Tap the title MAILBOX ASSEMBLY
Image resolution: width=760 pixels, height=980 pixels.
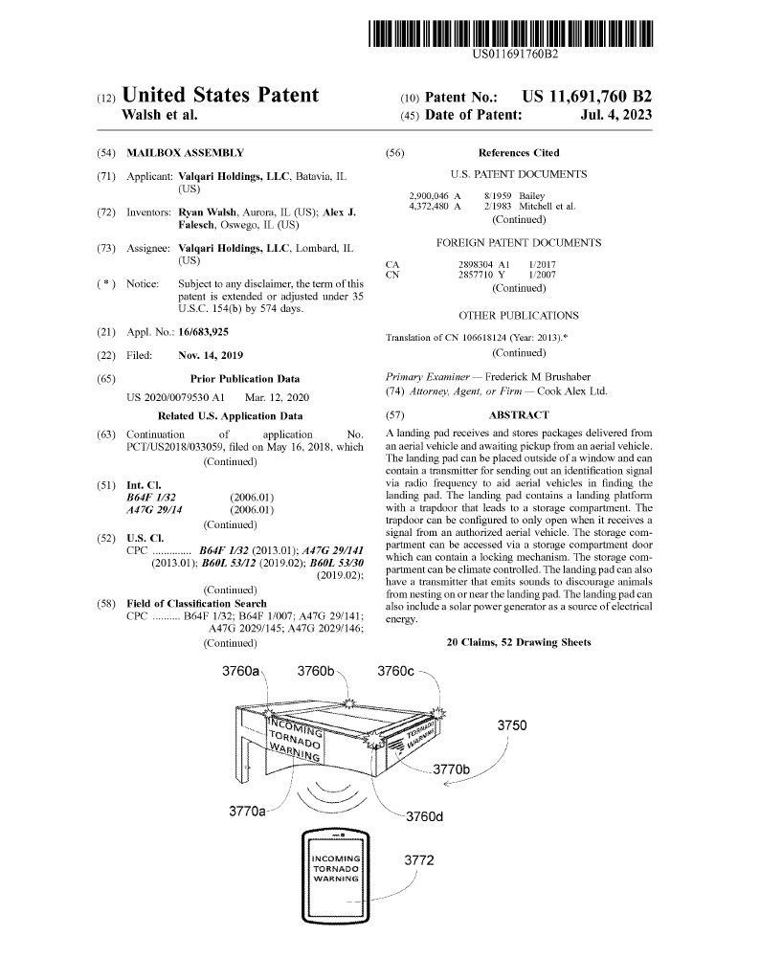click(185, 153)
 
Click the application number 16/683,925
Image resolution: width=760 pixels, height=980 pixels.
click(204, 331)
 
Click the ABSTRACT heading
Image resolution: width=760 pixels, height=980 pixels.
click(519, 414)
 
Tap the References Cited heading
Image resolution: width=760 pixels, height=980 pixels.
click(518, 153)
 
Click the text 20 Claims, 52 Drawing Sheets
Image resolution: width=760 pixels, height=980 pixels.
click(519, 642)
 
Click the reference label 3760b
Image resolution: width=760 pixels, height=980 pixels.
click(316, 671)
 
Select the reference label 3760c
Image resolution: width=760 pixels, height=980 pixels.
click(396, 671)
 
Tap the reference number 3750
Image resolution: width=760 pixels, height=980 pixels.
click(512, 725)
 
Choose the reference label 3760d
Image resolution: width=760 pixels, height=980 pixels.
click(425, 816)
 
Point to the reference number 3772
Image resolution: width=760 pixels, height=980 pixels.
click(418, 860)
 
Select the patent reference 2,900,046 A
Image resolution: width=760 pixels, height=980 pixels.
click(435, 195)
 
